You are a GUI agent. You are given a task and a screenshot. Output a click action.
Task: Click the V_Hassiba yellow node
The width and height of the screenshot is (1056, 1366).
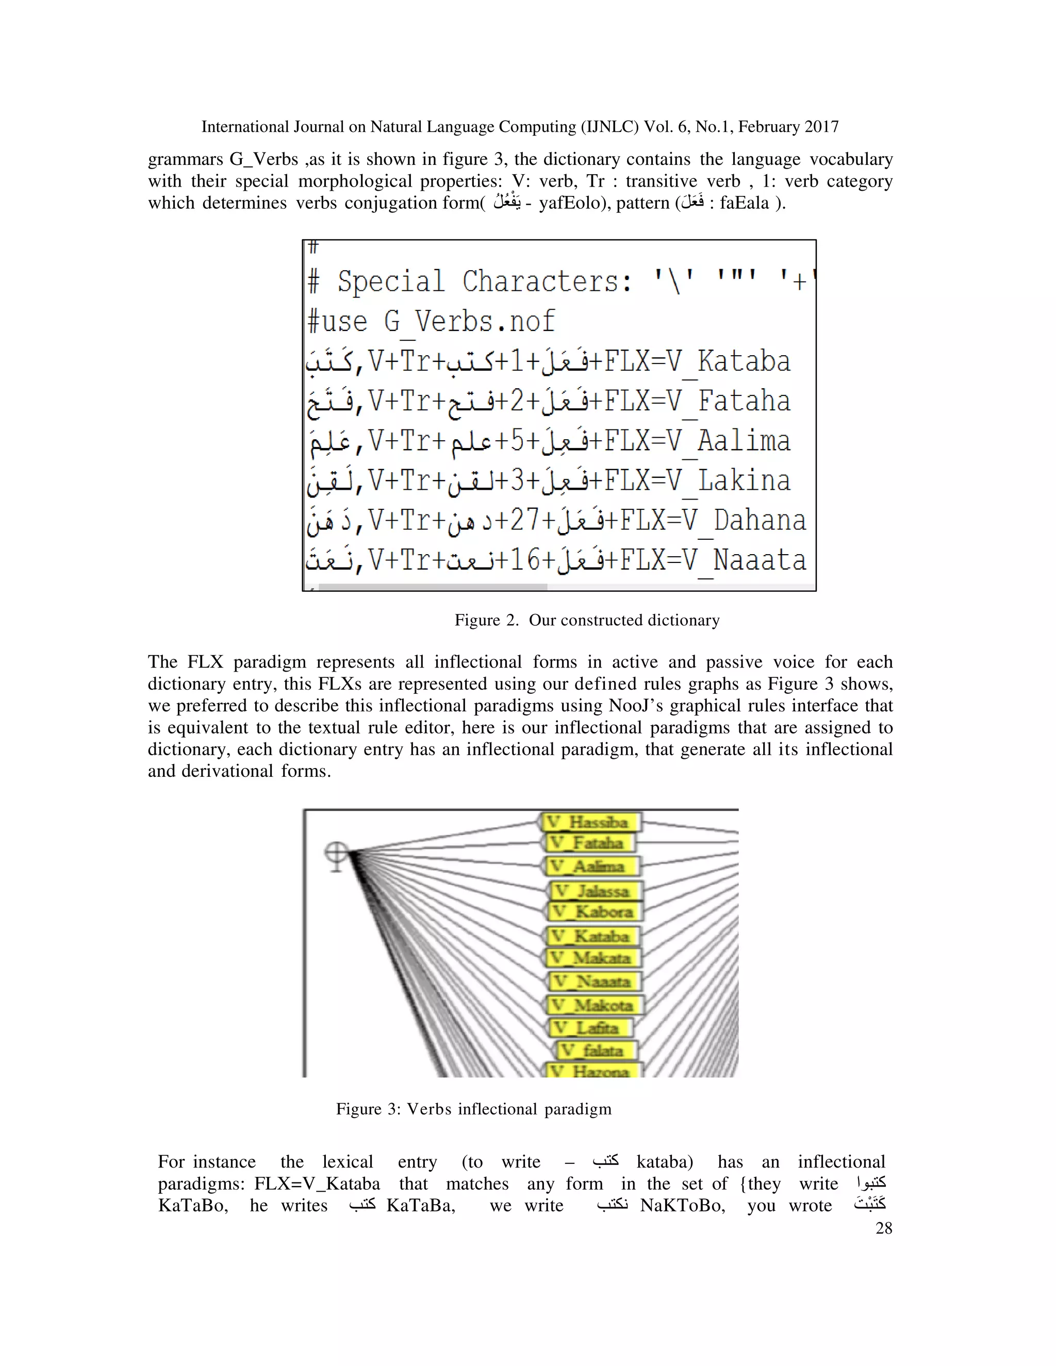pos(590,822)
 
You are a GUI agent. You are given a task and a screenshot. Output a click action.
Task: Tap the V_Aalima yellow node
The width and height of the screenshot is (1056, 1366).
pos(590,867)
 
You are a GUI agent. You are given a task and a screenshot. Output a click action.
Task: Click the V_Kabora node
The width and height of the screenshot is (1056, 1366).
pos(595,911)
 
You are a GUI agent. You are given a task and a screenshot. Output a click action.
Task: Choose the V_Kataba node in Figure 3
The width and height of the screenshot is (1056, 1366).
pos(592,936)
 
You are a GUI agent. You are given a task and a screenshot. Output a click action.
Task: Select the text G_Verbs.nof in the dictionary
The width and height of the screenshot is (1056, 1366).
pos(469,322)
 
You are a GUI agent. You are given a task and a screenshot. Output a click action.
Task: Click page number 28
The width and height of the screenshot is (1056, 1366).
pos(883,1228)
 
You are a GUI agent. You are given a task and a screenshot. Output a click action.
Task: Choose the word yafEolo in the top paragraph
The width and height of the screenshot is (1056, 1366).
pos(566,203)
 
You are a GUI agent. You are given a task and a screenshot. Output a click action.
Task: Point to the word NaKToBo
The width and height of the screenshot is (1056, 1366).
pos(682,1205)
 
